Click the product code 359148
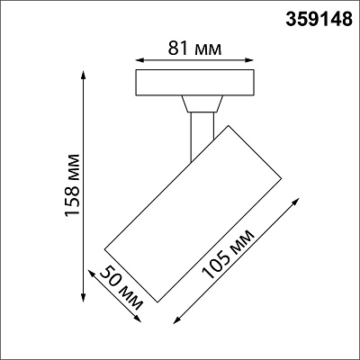pyautogui.click(x=319, y=19)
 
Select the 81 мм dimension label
pyautogui.click(x=194, y=48)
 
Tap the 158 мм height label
pyautogui.click(x=73, y=184)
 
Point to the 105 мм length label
pyautogui.click(x=228, y=255)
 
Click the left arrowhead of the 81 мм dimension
pyautogui.click(x=139, y=60)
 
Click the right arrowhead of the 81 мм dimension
pyautogui.click(x=249, y=60)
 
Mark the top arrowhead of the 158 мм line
pyautogui.click(x=84, y=75)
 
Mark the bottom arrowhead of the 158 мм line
pyautogui.click(x=84, y=297)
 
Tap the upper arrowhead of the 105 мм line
pyautogui.click(x=296, y=202)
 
